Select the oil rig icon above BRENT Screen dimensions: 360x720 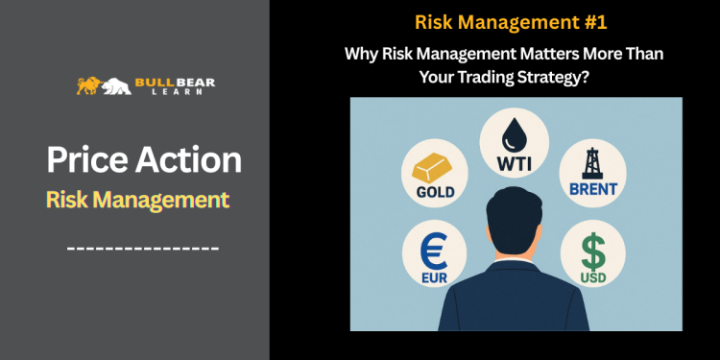590,159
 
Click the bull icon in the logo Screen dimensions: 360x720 90,86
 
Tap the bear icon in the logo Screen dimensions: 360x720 117,86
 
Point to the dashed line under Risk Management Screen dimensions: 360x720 143,250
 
